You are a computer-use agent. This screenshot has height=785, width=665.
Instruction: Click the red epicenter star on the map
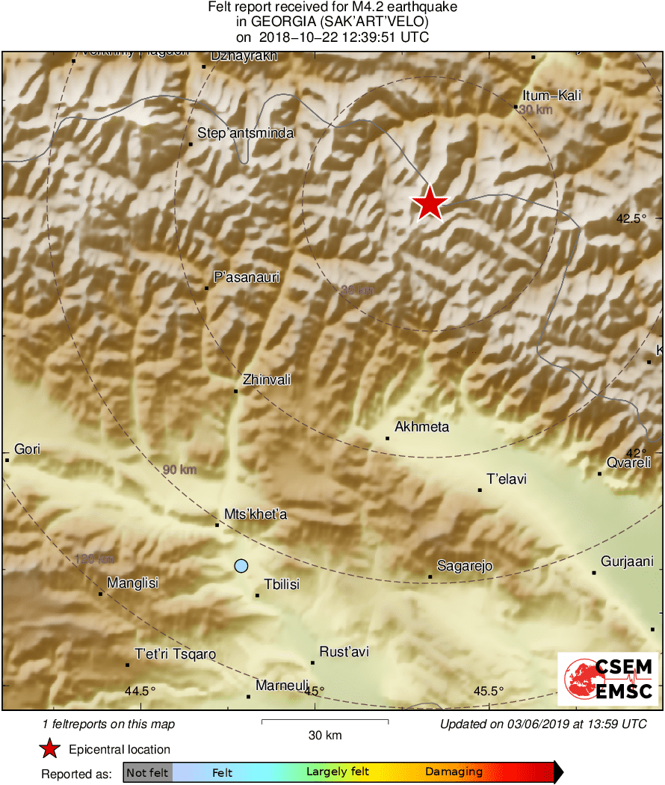[429, 203]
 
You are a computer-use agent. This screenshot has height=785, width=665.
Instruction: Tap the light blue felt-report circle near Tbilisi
[241, 566]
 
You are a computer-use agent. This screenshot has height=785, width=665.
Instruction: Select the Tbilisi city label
[282, 585]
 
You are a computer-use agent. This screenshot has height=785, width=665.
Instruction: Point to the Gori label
[27, 449]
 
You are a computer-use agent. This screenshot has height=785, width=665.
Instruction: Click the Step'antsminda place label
[246, 134]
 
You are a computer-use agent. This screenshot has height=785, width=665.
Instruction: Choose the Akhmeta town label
[422, 427]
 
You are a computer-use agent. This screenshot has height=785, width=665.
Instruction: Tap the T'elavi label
[507, 478]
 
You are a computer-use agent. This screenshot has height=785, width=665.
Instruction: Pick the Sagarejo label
[465, 566]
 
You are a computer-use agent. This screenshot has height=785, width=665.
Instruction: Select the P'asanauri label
[247, 277]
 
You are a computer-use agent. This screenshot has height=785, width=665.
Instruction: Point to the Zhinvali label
[267, 380]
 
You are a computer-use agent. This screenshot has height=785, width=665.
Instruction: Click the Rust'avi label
[344, 652]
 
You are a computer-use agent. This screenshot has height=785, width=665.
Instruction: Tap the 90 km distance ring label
[179, 470]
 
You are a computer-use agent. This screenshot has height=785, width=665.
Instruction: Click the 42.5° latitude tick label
[631, 219]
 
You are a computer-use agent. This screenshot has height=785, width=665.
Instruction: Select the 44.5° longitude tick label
[140, 691]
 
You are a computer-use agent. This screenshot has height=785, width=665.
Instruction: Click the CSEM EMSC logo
[608, 679]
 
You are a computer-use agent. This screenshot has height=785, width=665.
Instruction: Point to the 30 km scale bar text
[325, 735]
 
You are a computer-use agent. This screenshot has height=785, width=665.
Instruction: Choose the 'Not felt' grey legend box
[148, 772]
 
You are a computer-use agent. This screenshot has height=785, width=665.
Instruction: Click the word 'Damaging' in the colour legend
[454, 772]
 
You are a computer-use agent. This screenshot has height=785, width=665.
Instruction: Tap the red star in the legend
[50, 749]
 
